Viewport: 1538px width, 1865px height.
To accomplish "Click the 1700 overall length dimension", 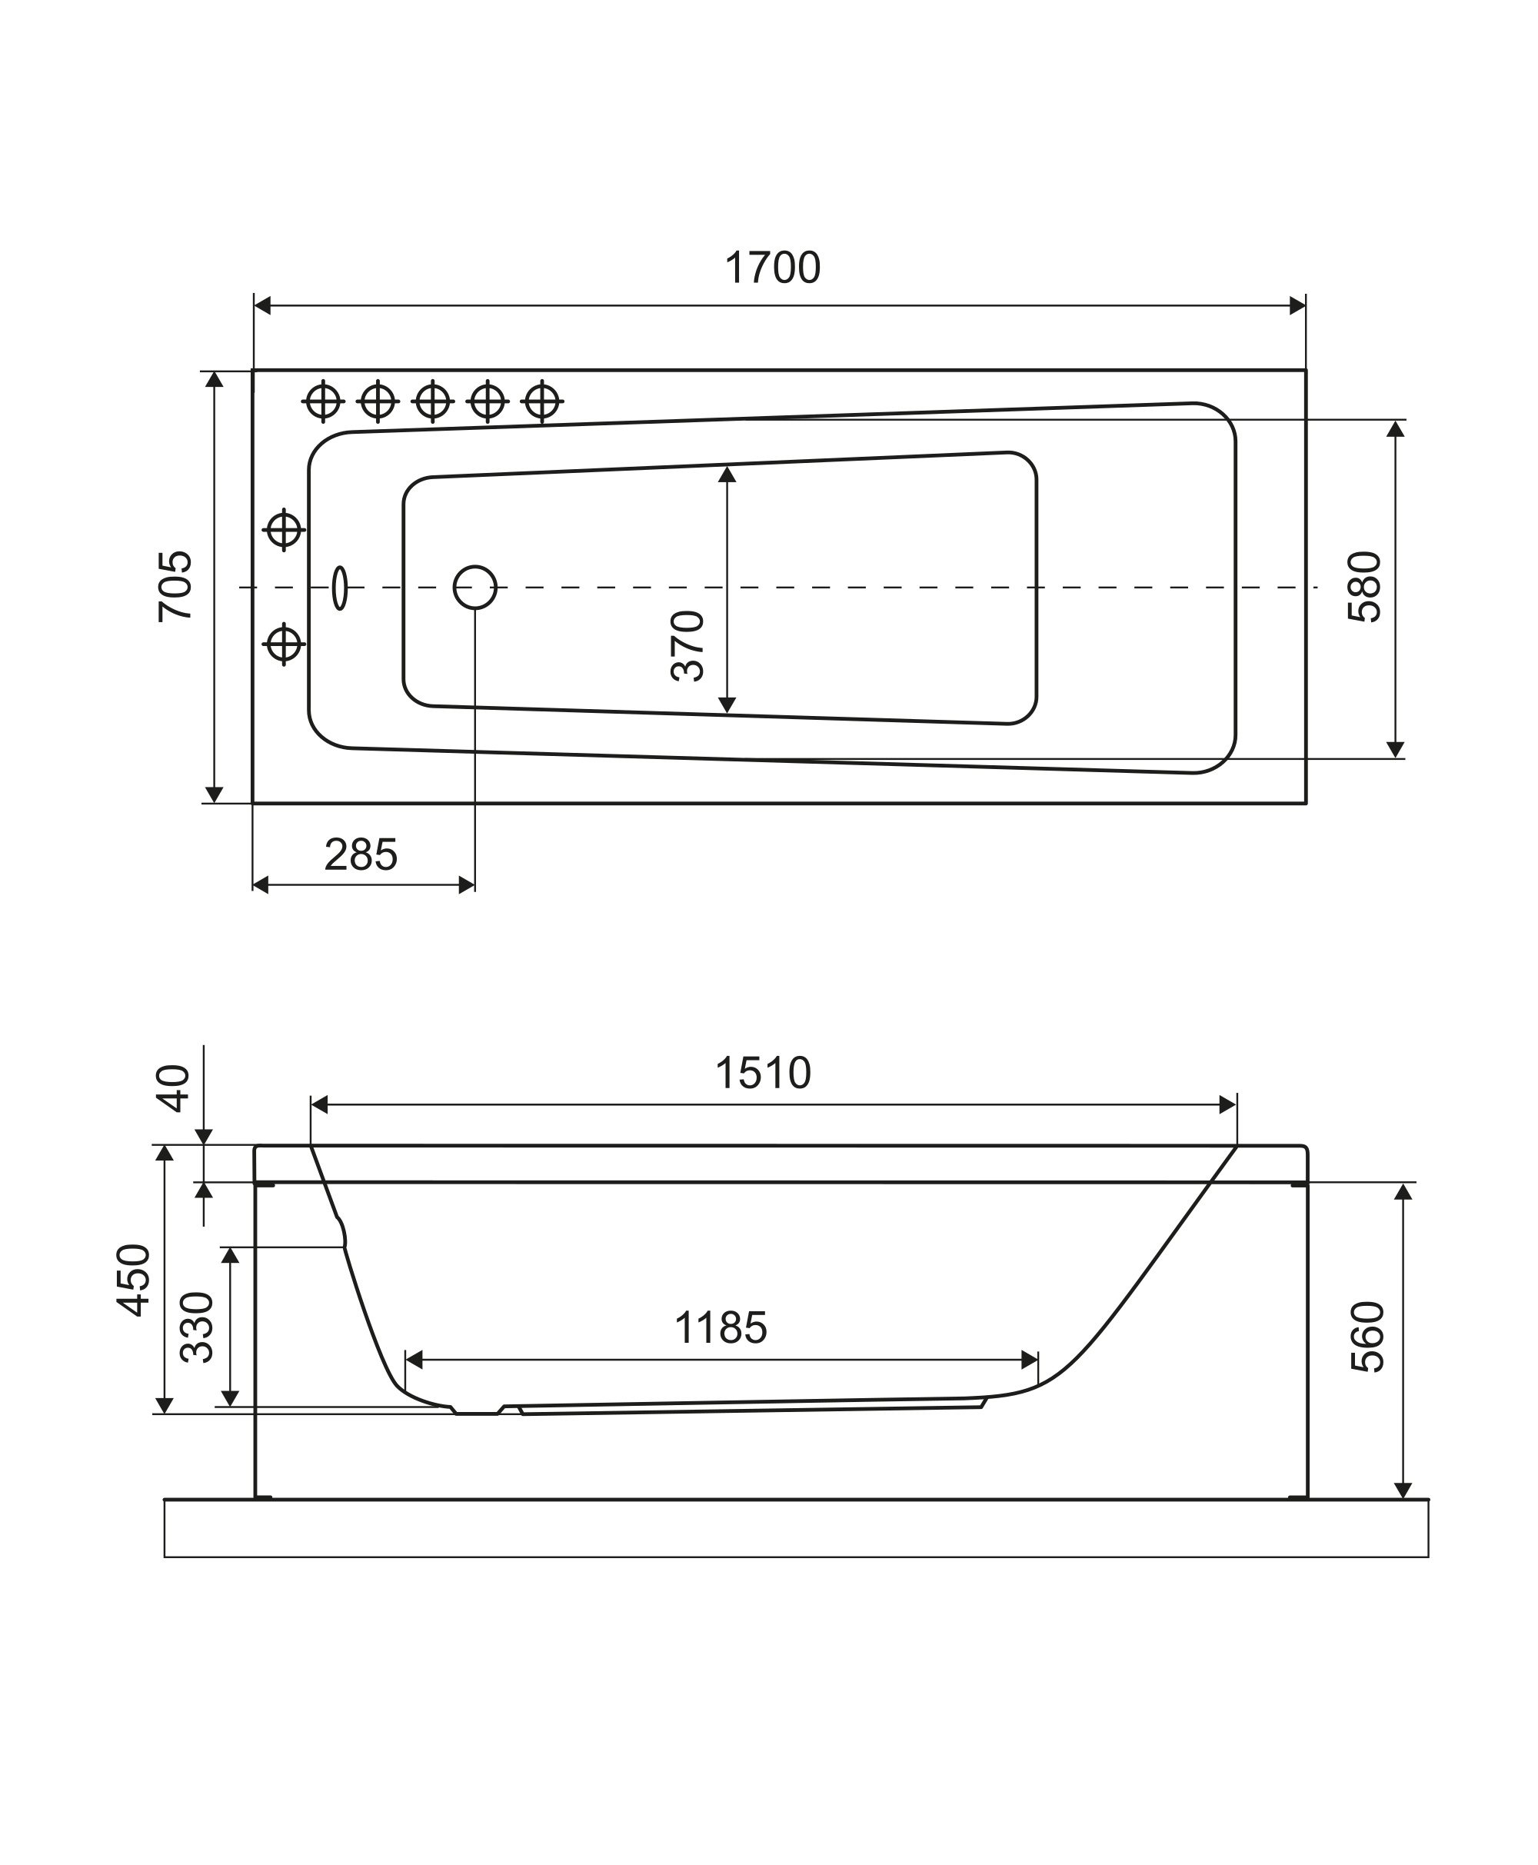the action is (773, 268).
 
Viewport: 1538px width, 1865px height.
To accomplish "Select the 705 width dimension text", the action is (175, 587).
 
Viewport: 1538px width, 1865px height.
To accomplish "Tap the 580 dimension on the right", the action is (1364, 587).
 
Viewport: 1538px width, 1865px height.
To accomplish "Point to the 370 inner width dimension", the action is (687, 646).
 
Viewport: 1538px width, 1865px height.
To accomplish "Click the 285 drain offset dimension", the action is (361, 855).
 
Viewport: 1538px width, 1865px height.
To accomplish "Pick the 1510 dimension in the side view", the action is (763, 1073).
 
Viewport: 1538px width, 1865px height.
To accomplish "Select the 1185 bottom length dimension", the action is (721, 1328).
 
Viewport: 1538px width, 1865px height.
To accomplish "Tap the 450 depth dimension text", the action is (134, 1281).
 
